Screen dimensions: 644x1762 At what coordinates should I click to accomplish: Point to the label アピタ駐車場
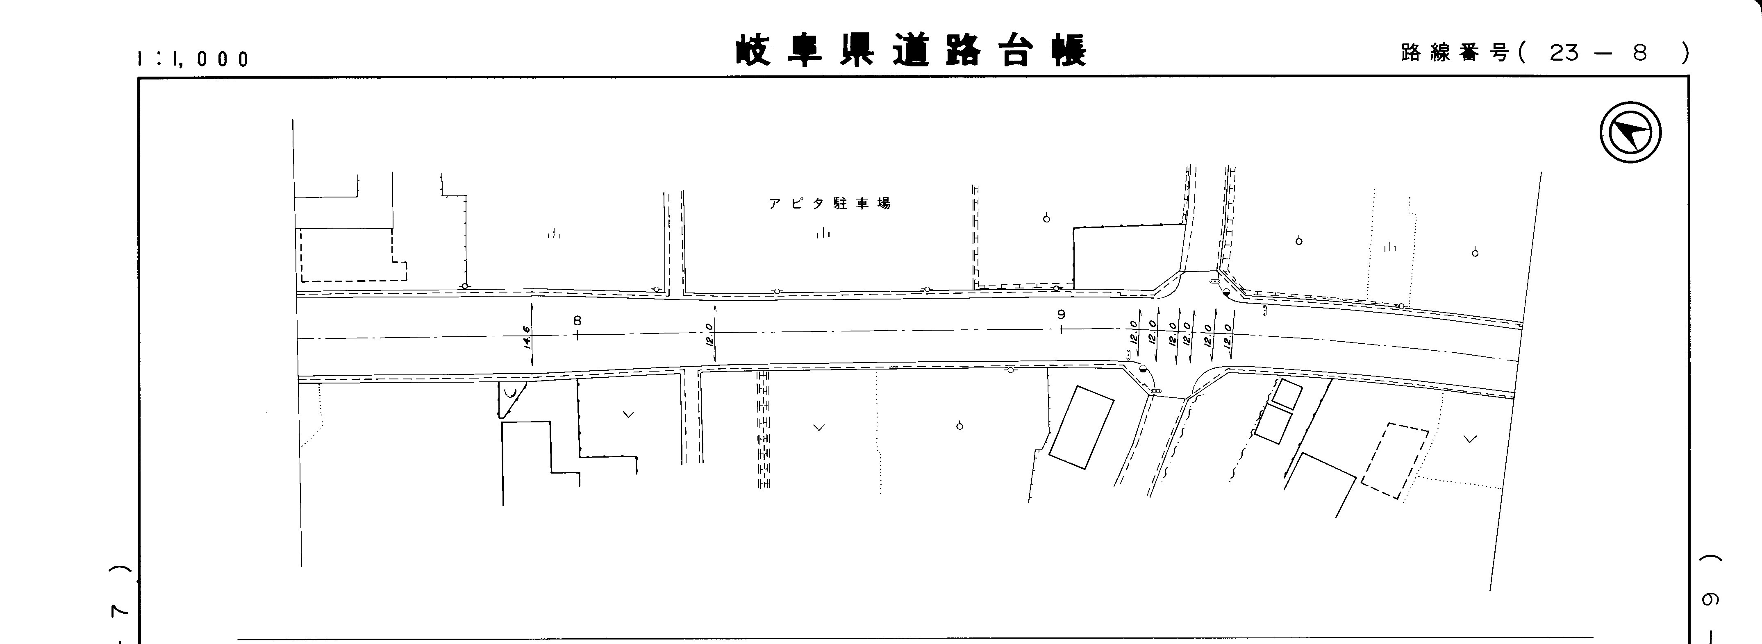[829, 204]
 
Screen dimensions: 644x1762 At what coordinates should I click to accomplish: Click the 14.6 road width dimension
[527, 337]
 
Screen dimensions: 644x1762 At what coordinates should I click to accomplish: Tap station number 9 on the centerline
[1061, 315]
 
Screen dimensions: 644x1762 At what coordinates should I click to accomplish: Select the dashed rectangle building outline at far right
[1394, 461]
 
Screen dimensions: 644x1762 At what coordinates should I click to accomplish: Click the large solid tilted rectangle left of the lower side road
[1081, 427]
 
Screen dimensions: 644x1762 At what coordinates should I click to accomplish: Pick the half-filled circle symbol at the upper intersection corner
[1226, 292]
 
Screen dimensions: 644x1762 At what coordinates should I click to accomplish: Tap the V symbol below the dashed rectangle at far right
[1470, 439]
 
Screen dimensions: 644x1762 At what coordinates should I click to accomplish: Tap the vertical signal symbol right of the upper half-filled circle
[1264, 311]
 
